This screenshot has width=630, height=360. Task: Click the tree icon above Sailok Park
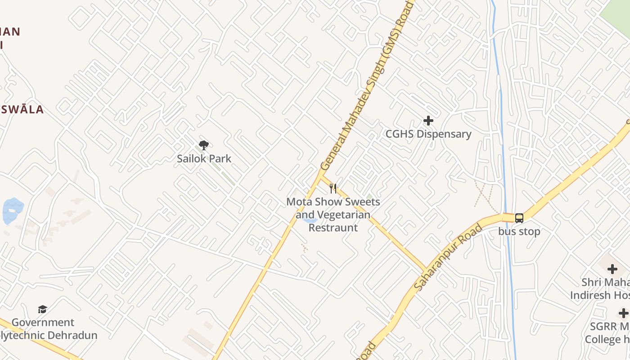[x=204, y=145]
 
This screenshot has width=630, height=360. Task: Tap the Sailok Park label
[x=204, y=158]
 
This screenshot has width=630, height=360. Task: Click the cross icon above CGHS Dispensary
[x=428, y=121]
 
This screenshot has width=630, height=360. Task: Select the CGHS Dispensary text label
[x=428, y=134]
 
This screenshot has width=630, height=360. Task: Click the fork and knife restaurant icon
[x=333, y=188]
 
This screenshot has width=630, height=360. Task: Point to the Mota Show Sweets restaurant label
[x=333, y=215]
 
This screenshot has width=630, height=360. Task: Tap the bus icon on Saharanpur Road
[x=519, y=218]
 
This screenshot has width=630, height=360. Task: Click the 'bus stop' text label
[x=519, y=231]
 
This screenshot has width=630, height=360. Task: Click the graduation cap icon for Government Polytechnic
[x=42, y=309]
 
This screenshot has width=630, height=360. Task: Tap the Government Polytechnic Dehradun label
[x=45, y=329]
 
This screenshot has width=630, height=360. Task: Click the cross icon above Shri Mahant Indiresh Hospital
[x=612, y=269]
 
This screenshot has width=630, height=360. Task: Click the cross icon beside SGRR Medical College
[x=623, y=313]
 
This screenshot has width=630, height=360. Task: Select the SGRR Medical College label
[x=607, y=333]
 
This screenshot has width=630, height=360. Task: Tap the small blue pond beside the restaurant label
[x=310, y=220]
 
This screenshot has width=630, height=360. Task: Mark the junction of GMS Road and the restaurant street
[x=320, y=176]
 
